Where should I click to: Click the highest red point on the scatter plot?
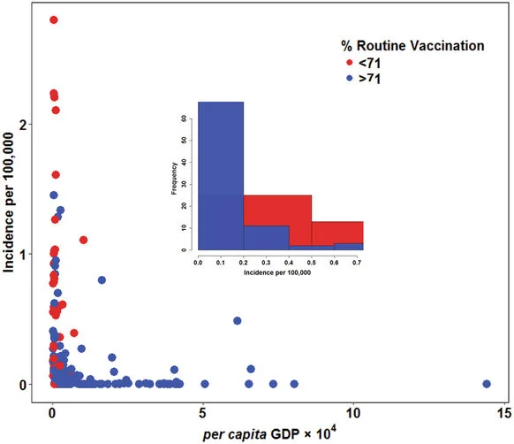pos(53,20)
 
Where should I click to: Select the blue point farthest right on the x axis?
pos(487,384)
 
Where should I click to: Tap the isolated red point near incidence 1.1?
pos(84,240)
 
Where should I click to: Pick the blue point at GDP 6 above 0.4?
pos(237,320)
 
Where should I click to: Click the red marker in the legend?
pos(350,62)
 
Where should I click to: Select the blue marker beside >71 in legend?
pos(350,78)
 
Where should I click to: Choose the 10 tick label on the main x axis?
pos(354,411)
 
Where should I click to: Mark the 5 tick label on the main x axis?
pos(204,411)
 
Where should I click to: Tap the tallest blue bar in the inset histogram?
pos(220,177)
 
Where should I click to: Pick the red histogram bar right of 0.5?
pos(336,232)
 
